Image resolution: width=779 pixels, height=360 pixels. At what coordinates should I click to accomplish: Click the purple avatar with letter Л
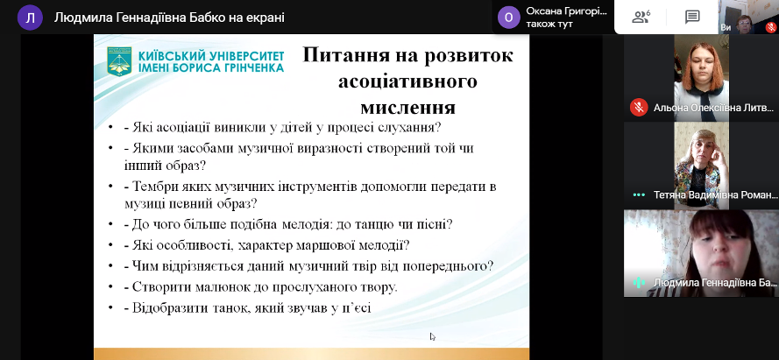point(30,18)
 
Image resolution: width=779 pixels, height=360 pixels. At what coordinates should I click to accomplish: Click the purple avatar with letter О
point(508,18)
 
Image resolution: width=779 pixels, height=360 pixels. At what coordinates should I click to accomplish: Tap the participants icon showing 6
point(641,18)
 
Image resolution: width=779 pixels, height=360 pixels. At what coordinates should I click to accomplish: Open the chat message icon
point(692,18)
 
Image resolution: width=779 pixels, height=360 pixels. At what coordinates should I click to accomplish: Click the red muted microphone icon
point(639,108)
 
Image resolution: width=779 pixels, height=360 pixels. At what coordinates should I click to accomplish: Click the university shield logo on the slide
point(119,61)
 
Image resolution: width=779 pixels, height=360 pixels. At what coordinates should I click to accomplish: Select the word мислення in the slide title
point(407,107)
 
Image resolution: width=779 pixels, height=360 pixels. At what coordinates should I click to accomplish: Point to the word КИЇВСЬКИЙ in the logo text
point(168,54)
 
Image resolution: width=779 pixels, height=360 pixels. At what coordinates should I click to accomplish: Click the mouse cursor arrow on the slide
point(433,336)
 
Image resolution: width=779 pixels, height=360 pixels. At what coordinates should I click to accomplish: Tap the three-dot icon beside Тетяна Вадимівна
point(639,195)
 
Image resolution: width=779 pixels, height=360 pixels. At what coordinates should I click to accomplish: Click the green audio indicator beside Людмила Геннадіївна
point(639,283)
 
